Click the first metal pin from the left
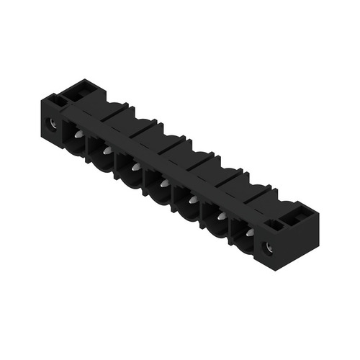click(78, 135)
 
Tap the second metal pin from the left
click(107, 151)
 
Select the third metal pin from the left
click(135, 168)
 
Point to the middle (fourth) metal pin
click(163, 184)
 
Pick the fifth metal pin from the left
click(192, 200)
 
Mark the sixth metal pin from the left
click(221, 216)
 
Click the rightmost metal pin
click(249, 233)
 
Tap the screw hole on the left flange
click(52, 124)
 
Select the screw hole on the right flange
click(271, 249)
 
